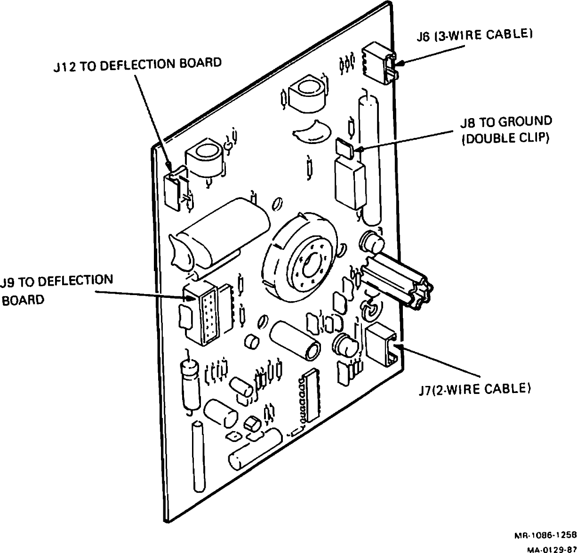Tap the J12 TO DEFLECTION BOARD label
pyautogui.click(x=137, y=64)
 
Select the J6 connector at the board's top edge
pyautogui.click(x=379, y=63)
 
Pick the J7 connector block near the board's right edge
pyautogui.click(x=382, y=345)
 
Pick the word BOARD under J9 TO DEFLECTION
pyautogui.click(x=23, y=300)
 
